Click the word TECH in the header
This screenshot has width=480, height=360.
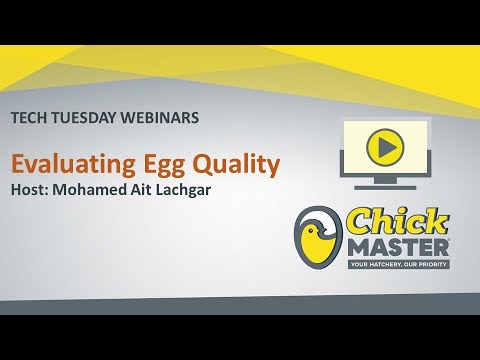tap(29, 117)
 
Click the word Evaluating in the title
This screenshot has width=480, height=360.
tap(66, 162)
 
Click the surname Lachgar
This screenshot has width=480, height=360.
tap(212, 189)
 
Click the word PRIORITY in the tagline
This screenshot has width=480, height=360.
tap(428, 264)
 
